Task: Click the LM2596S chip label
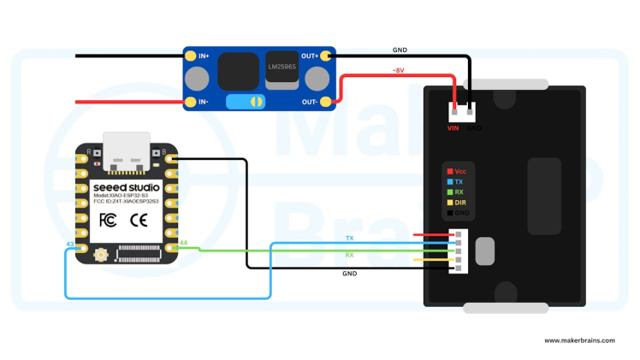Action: coord(281,66)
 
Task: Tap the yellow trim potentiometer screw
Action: coord(253,102)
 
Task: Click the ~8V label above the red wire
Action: coord(398,71)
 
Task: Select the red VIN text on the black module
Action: coord(453,128)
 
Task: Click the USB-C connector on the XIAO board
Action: coord(127,147)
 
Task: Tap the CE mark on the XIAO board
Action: coord(139,220)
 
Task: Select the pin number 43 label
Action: coord(70,245)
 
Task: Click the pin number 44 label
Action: coord(183,245)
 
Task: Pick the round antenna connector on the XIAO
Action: coord(100,253)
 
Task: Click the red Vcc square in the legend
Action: coord(449,172)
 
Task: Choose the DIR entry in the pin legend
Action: coord(460,203)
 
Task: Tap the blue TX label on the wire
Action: coord(349,238)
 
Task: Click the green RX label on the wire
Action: coord(349,255)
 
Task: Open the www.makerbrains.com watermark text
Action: coord(579,340)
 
